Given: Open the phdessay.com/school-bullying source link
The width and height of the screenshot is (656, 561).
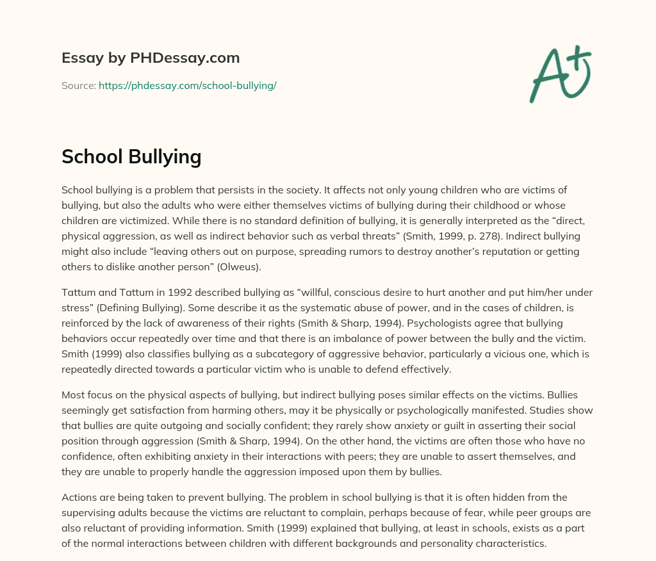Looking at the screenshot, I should point(187,85).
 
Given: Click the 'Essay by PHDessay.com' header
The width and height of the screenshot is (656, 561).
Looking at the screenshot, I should point(151,58).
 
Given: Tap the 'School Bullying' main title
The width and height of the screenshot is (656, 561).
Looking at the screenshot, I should point(131,156).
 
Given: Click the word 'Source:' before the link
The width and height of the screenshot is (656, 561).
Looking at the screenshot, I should point(79,85).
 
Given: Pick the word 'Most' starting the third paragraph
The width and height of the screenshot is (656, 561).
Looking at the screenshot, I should point(72,395).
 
